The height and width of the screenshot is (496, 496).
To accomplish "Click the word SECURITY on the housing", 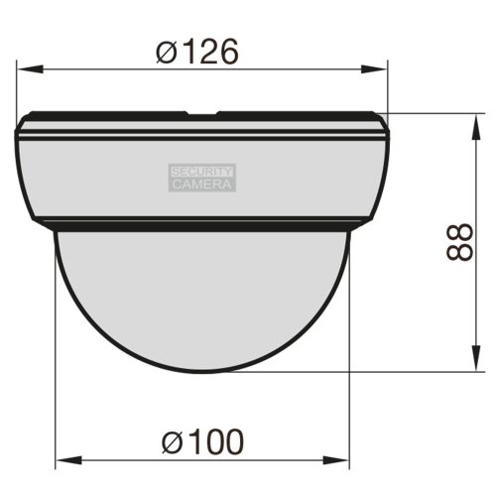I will point(202,171).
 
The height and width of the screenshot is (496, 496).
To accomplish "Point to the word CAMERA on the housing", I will point(202,184).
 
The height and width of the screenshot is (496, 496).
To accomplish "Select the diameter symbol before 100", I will point(172,439).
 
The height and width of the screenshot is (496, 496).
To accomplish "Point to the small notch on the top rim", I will point(202,114).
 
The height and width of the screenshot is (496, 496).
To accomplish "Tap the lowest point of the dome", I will point(202,372).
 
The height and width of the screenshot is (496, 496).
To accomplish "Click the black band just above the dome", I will point(202,225).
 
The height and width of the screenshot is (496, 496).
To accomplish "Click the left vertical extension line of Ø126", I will point(17,89).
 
